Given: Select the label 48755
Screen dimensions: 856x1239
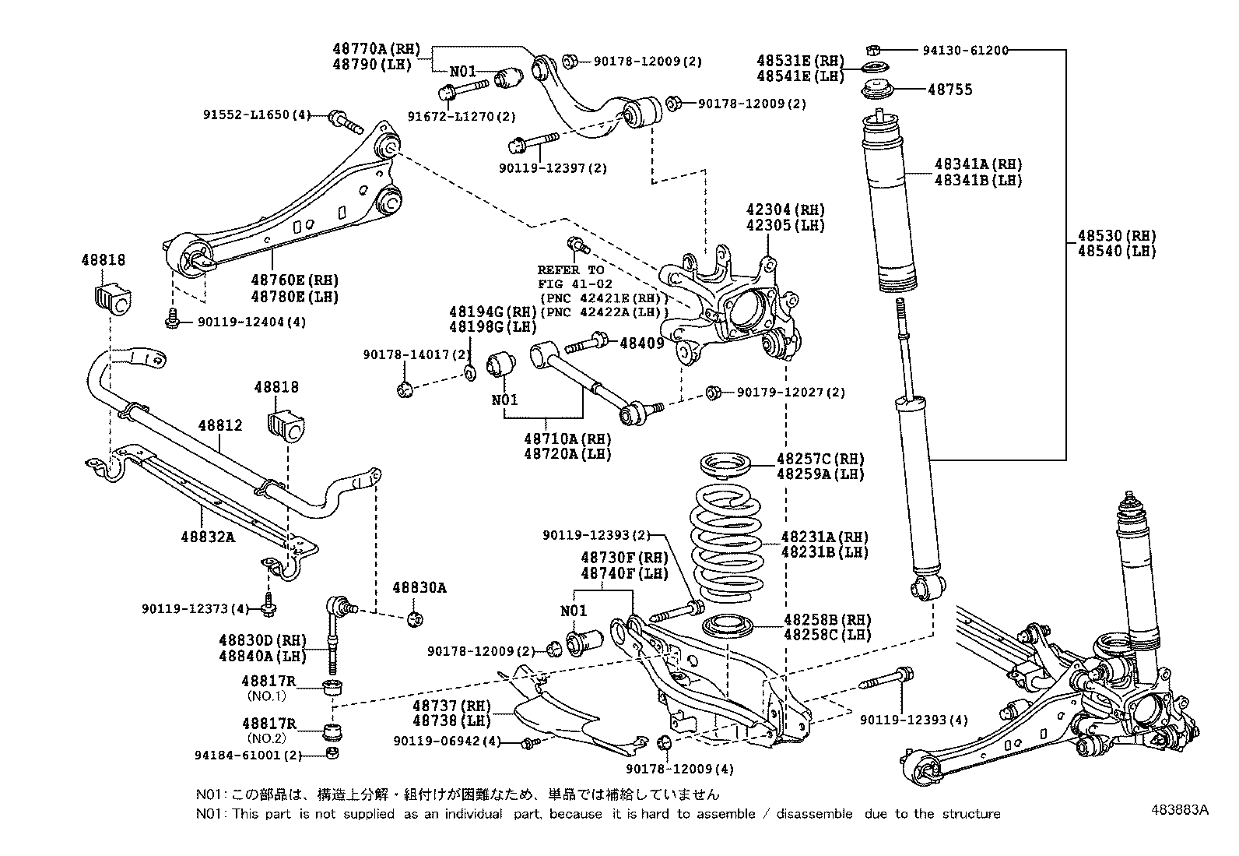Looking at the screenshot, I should coord(949,90).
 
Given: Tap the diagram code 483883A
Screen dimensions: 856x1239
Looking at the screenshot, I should coord(1180,809).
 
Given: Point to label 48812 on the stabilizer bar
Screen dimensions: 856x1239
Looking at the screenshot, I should coord(219,426).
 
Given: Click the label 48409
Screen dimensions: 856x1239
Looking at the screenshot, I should coord(641,342).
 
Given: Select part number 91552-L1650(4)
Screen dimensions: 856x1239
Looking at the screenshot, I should coord(256,115).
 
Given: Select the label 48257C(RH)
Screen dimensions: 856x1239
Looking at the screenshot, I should coord(820,459).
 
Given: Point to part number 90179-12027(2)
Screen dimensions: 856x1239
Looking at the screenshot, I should coord(784,393).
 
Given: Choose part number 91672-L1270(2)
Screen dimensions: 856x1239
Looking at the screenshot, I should coord(462,117).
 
